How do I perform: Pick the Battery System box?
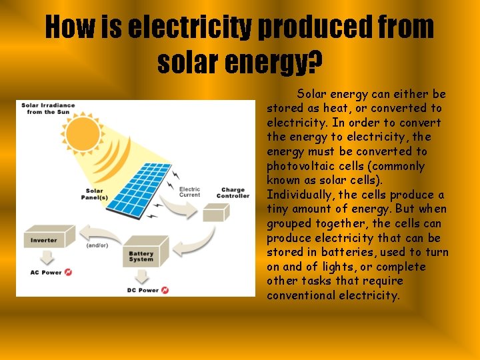coord(141,253)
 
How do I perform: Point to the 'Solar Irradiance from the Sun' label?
coord(48,109)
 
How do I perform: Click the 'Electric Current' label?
coord(190,192)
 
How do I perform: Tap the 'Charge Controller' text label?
coord(233,193)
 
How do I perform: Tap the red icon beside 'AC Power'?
coord(68,273)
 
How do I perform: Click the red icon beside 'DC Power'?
coord(165,290)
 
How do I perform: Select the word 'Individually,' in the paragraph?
coord(300,195)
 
